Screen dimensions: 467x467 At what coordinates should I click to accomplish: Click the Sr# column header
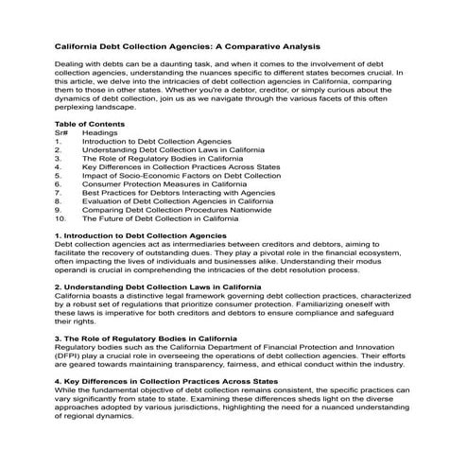click(61, 132)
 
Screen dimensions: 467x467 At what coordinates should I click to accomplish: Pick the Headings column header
click(102, 132)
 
